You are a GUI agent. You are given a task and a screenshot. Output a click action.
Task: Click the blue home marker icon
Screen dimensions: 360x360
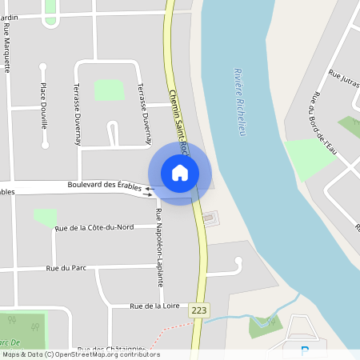[x=179, y=173]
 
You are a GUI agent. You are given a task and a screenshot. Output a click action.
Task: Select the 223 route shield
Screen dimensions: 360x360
[x=198, y=309]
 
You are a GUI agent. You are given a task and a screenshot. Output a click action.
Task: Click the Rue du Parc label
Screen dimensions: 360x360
[x=66, y=268]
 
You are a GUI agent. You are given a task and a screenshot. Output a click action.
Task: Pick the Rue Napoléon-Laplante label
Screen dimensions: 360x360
[x=158, y=248]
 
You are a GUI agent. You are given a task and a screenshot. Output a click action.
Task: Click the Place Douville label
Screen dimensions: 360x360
[x=43, y=106]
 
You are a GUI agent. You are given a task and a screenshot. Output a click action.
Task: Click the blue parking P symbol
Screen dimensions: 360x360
[x=304, y=350]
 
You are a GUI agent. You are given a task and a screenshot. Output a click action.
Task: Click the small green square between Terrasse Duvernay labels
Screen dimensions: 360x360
[x=110, y=90]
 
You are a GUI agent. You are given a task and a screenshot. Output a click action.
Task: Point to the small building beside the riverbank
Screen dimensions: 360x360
[x=209, y=217]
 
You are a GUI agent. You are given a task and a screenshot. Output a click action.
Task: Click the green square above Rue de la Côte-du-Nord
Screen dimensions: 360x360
[x=45, y=216]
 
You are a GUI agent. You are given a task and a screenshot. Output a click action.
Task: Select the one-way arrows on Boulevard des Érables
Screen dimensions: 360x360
[x=149, y=190]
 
